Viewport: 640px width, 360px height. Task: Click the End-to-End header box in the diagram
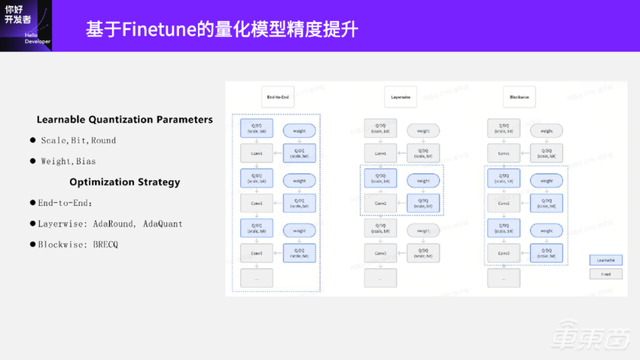[277, 97]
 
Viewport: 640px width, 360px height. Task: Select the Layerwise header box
[401, 97]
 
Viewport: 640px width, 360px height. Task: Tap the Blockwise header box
[519, 97]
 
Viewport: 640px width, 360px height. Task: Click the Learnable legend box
[605, 260]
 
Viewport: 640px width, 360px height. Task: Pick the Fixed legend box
[605, 274]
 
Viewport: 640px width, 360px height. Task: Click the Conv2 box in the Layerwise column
[380, 203]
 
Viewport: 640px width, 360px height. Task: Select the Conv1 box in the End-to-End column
[257, 154]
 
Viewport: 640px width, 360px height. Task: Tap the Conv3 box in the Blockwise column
[503, 253]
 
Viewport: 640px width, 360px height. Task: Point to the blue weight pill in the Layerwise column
[423, 181]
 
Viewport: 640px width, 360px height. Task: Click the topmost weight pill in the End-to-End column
[300, 131]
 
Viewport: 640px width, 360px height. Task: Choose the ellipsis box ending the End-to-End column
[257, 277]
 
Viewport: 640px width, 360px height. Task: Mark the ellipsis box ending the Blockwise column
[503, 277]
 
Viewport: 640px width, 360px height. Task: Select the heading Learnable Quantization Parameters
[124, 120]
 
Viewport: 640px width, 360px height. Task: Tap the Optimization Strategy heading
[124, 182]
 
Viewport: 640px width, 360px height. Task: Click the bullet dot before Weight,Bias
[33, 161]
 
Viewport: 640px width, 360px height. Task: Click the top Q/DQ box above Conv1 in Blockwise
[503, 129]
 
